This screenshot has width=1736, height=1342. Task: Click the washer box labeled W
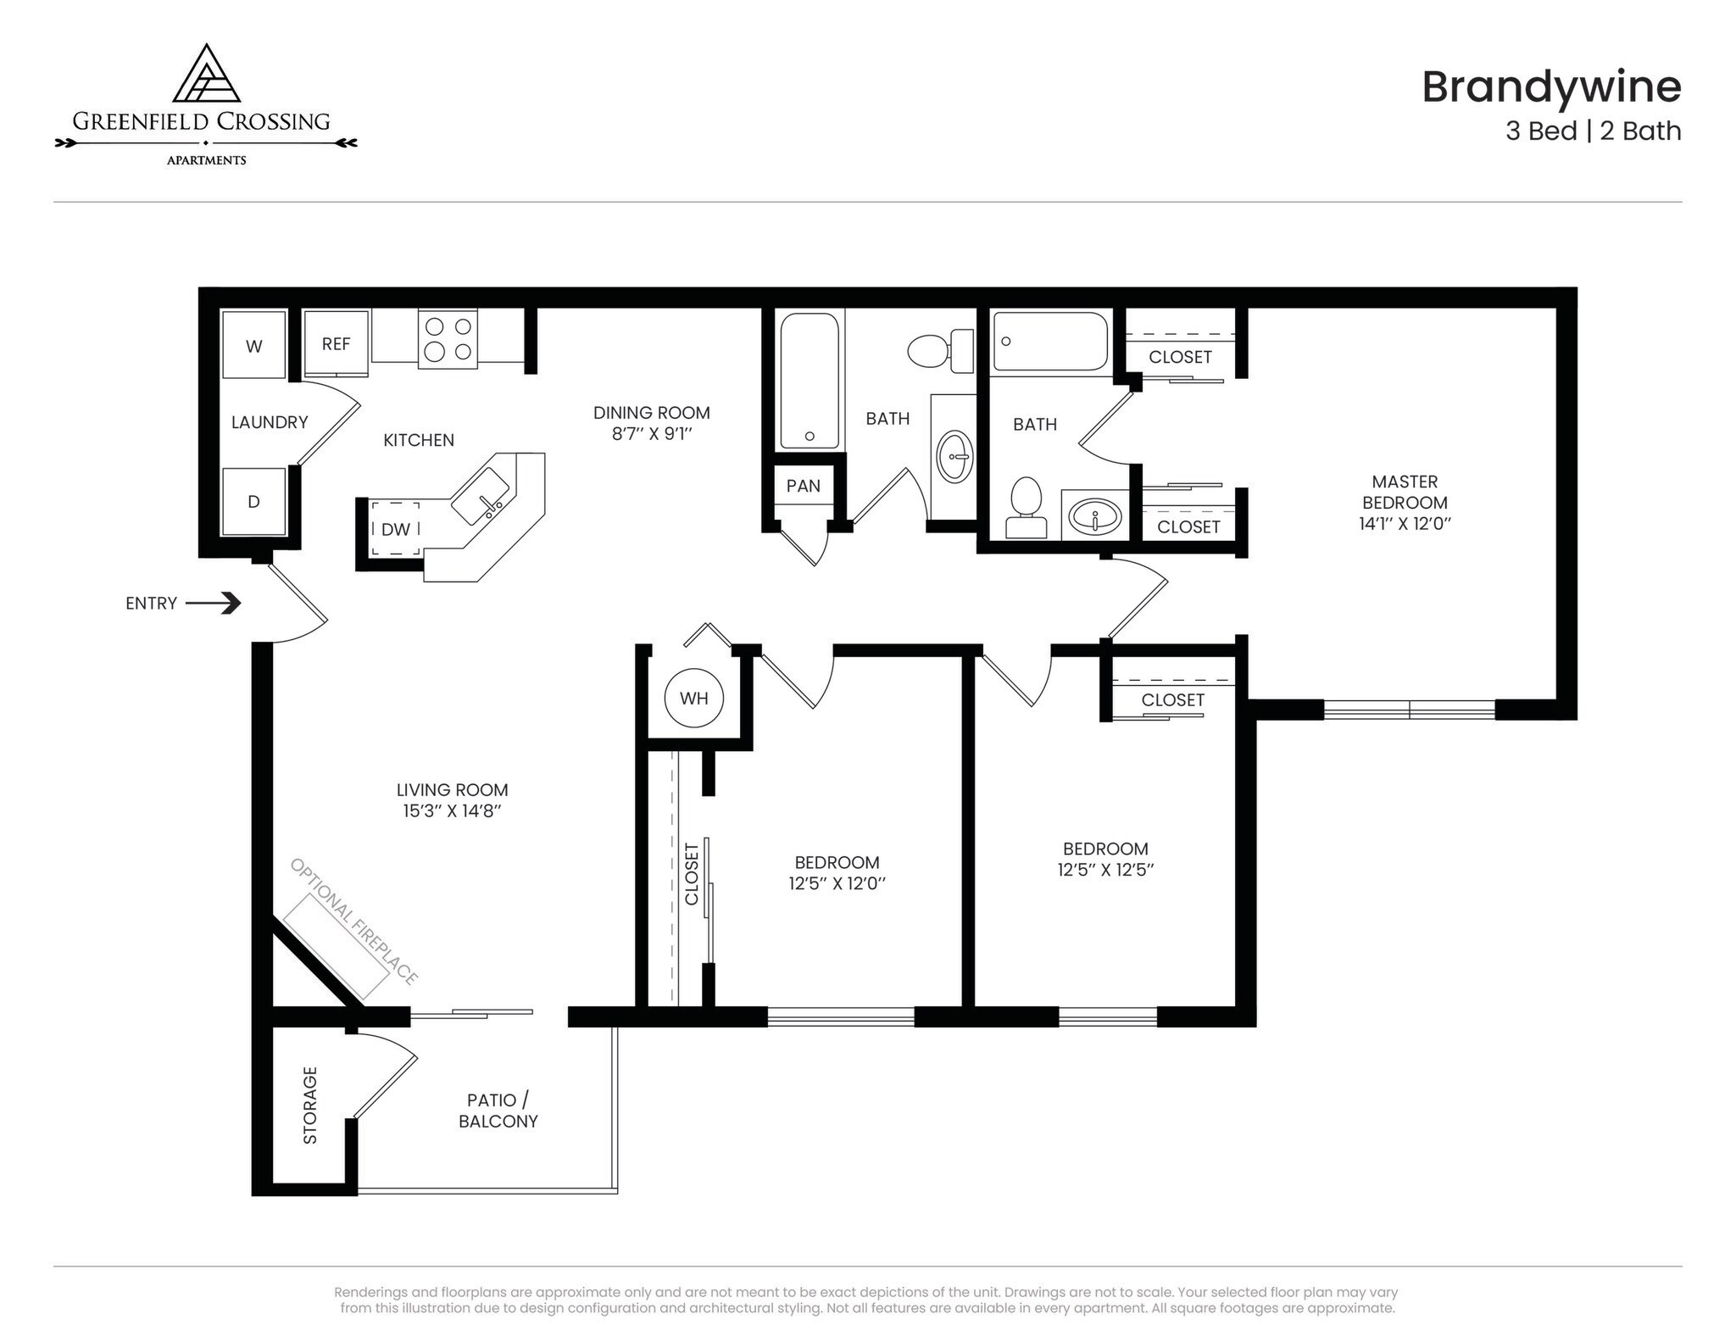[x=253, y=345]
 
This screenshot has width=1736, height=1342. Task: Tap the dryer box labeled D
[x=253, y=501]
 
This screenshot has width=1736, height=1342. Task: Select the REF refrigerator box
[x=336, y=343]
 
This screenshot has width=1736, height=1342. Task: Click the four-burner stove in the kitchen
[x=448, y=339]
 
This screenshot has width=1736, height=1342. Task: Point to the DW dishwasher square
[x=395, y=529]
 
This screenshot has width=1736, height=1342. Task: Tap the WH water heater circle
[x=693, y=699]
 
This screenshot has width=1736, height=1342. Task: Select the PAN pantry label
[x=803, y=486]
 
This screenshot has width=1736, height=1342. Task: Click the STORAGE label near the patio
[x=310, y=1105]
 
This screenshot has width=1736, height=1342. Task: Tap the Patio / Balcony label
[x=498, y=1111]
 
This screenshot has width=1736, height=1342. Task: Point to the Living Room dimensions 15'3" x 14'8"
[x=452, y=811]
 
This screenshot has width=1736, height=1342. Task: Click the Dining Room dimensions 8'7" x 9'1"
[x=651, y=434]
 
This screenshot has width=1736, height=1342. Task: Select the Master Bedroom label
[x=1405, y=492]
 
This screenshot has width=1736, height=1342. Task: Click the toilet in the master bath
[x=1026, y=507]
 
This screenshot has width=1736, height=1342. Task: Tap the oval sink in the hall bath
[x=955, y=456]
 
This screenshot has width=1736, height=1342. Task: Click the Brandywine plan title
[x=1550, y=86]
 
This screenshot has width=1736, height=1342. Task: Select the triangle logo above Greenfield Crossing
[x=206, y=75]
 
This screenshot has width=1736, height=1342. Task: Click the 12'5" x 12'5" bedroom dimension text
[x=1105, y=870]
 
